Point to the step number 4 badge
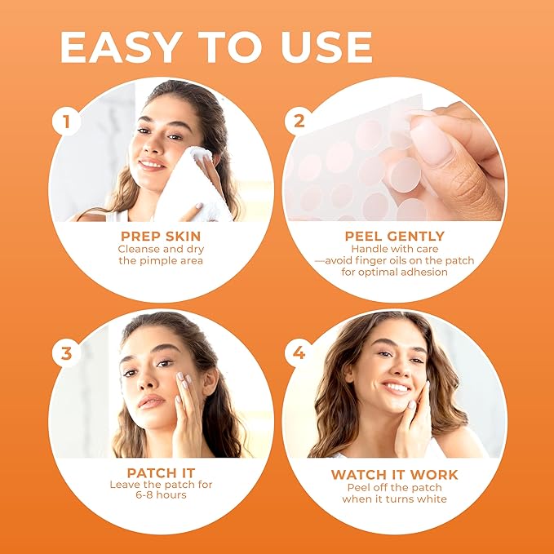click(299, 353)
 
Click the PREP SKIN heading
click(160, 236)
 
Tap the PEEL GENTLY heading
click(394, 236)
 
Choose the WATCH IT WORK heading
click(394, 474)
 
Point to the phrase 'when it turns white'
click(394, 499)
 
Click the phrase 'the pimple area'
click(160, 261)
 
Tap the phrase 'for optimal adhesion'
click(394, 272)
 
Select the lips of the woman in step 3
click(152, 401)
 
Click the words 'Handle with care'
click(394, 248)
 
